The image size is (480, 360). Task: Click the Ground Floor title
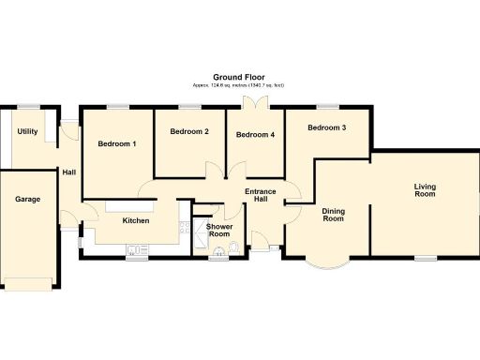[x=239, y=77]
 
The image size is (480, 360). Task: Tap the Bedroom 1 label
[x=117, y=144]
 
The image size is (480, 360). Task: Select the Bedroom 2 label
[x=189, y=132]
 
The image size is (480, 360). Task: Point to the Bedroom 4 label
[x=255, y=135]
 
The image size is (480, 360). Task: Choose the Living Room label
[x=425, y=189]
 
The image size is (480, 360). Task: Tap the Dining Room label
[x=333, y=215]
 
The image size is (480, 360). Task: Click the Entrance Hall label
[x=262, y=196]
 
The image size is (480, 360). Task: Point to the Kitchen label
[x=137, y=221]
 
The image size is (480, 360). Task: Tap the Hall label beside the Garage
[x=68, y=172]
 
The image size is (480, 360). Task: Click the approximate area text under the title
[x=239, y=85]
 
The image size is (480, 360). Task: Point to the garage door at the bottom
[x=29, y=284]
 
